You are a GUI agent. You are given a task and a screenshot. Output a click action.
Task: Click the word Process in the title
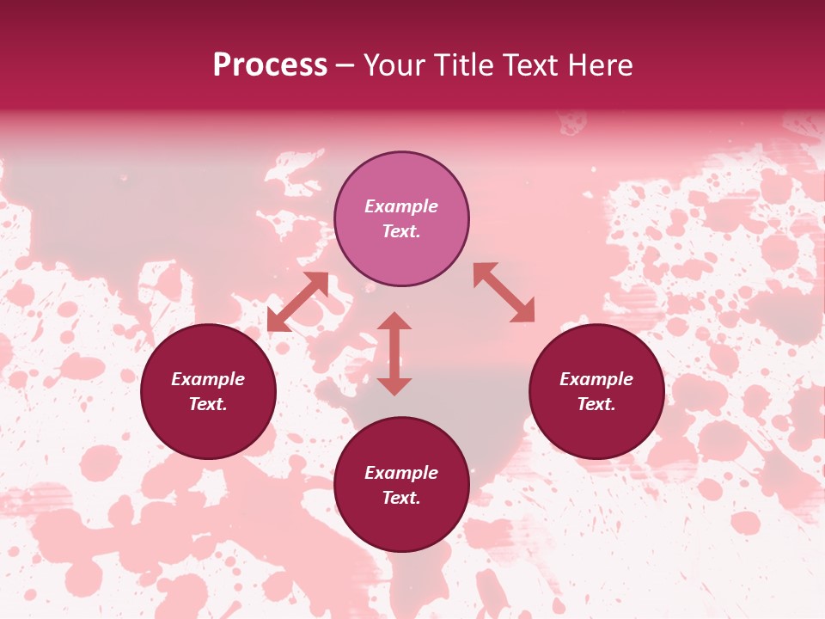pos(270,65)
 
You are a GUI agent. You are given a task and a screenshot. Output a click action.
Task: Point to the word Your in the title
pos(394,65)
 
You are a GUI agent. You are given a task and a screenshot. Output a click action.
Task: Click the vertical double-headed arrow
pos(394,353)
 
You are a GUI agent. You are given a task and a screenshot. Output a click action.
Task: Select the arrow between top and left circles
pos(297,302)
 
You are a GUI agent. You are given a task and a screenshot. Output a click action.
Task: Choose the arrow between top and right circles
pos(504,292)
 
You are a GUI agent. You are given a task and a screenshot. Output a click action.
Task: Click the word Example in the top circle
pos(401,206)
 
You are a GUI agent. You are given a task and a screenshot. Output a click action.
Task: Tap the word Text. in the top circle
pos(401,231)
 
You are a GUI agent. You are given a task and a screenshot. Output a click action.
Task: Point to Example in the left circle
pos(208,379)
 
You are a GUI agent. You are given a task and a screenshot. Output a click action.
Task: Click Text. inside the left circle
pos(208,404)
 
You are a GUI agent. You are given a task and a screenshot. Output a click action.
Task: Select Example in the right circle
pos(596,379)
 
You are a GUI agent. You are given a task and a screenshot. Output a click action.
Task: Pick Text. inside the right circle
pos(596,404)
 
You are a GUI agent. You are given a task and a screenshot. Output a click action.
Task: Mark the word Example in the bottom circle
pos(401,473)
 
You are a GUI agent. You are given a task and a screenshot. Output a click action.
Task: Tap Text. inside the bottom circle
pos(401,498)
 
